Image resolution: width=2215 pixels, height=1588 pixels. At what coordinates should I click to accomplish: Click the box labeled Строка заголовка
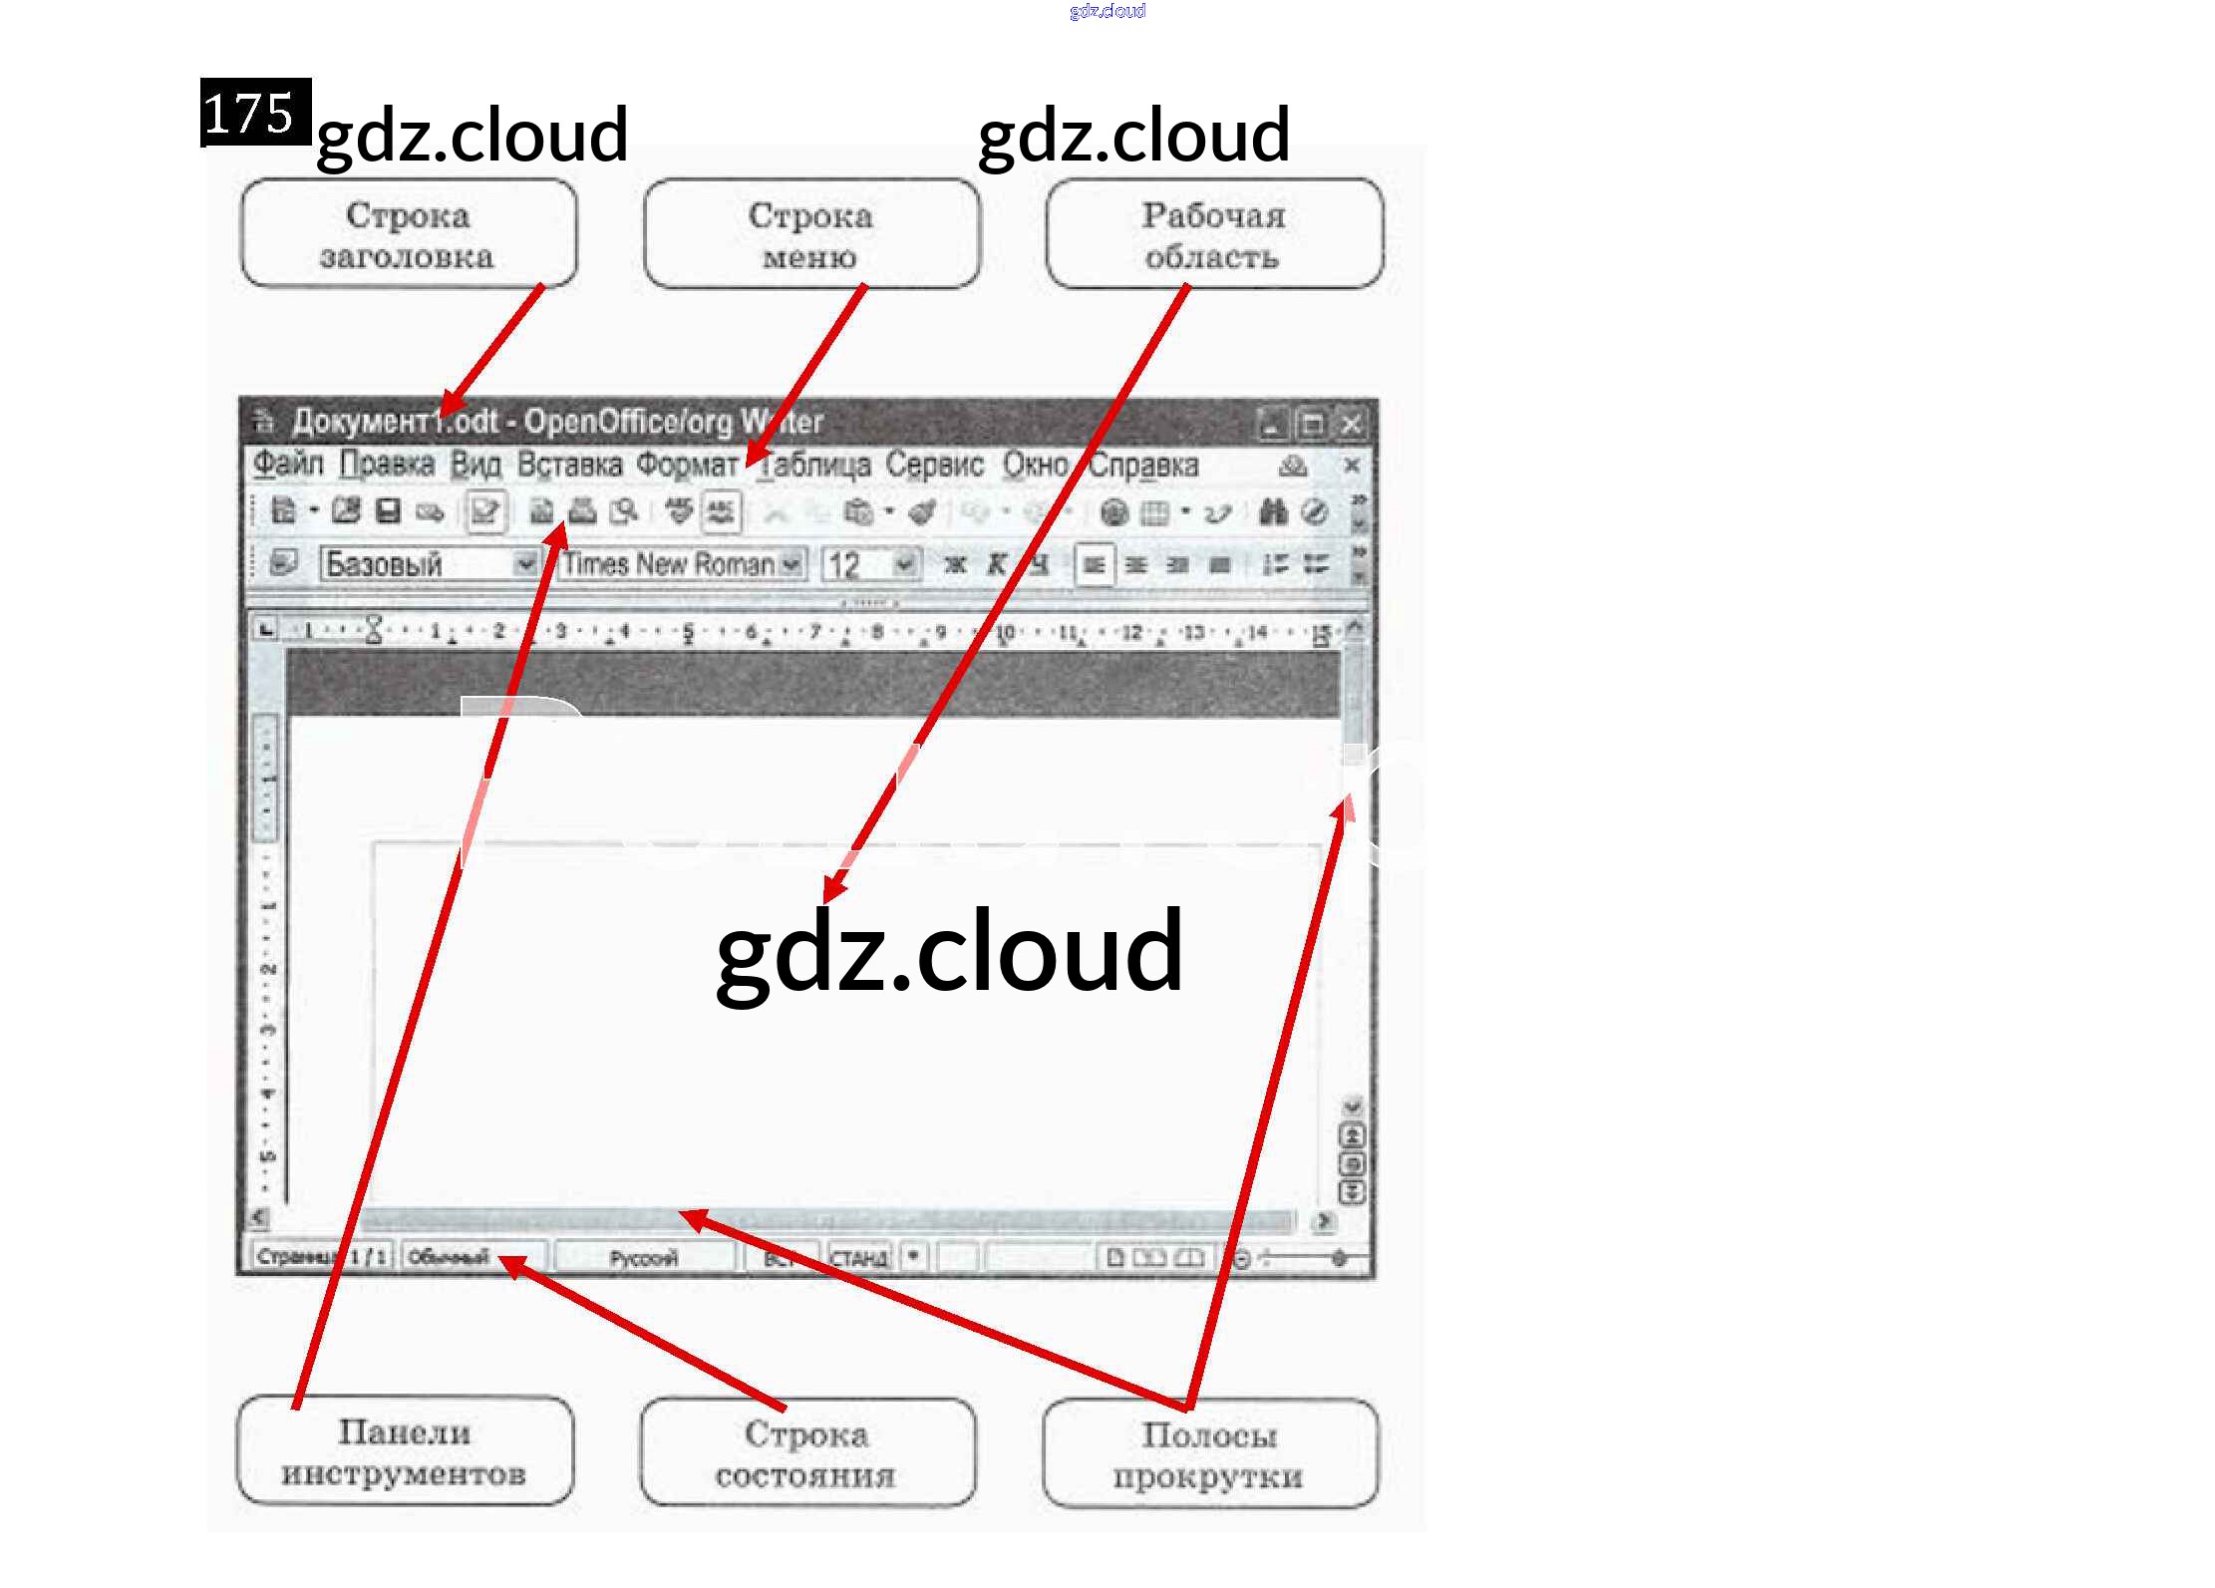(x=409, y=234)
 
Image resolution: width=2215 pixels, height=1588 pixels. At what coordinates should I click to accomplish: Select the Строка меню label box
(x=810, y=234)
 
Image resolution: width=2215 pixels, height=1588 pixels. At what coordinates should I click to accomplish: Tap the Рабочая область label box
(x=1213, y=234)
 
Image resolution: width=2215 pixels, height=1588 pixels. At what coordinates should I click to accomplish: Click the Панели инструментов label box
(x=405, y=1451)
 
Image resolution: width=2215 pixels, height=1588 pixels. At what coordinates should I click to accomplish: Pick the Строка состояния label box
(x=806, y=1453)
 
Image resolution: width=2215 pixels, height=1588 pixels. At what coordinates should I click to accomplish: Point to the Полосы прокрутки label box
(x=1209, y=1454)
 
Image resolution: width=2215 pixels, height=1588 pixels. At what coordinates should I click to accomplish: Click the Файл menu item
(x=288, y=465)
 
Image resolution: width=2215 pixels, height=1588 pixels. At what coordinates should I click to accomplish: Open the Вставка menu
(x=569, y=465)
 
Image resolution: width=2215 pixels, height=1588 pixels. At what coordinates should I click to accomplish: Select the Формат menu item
(x=688, y=465)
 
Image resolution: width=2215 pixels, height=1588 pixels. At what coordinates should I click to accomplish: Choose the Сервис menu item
(x=934, y=465)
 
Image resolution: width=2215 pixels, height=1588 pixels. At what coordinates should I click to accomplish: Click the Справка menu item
(x=1143, y=465)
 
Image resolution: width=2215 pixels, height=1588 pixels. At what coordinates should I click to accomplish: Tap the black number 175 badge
(x=255, y=112)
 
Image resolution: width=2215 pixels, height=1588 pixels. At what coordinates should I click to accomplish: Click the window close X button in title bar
(x=1351, y=425)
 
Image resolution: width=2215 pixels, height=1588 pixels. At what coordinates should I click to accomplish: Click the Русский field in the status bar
(x=643, y=1258)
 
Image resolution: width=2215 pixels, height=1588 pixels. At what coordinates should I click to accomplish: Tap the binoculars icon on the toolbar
(x=1273, y=512)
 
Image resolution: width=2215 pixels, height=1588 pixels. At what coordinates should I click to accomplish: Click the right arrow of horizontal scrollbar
(x=1324, y=1220)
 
